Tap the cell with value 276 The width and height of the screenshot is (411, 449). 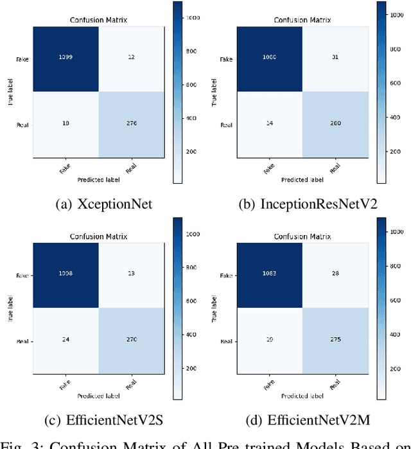[131, 123]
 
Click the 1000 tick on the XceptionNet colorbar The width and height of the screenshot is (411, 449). [192, 17]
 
